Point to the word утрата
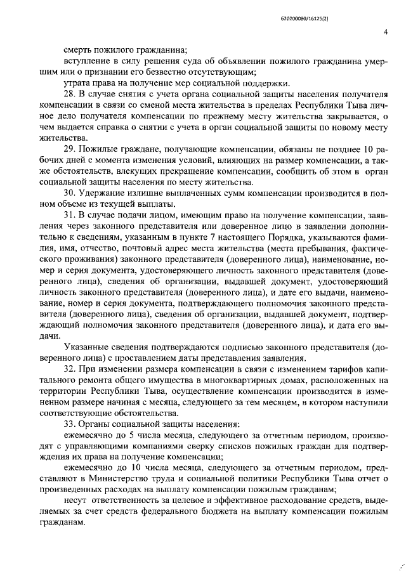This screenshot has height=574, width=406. [77, 83]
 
